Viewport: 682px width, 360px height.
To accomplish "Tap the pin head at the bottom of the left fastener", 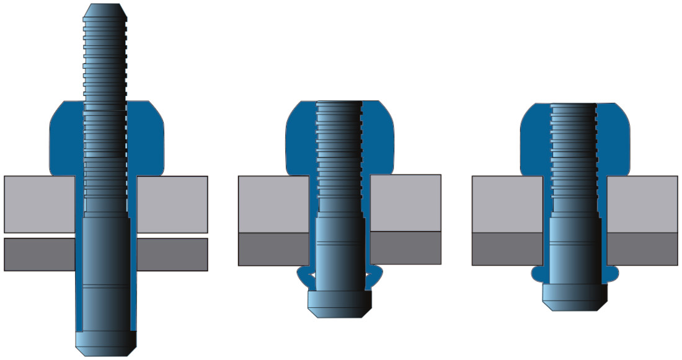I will [105, 340].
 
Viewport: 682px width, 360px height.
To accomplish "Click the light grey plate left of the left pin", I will [39, 204].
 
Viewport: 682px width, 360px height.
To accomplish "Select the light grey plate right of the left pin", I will [172, 204].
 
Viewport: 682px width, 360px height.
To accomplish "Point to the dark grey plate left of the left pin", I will [39, 254].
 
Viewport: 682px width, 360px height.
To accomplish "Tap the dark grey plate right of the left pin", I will [172, 254].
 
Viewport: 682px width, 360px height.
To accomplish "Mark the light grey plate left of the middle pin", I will [273, 204].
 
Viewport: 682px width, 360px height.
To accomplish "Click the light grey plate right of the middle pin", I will [405, 203].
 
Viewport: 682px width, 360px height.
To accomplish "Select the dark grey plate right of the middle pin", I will [405, 248].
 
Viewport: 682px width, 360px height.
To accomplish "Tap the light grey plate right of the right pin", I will [642, 204].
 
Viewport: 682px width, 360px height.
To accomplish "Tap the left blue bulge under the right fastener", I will [538, 273].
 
